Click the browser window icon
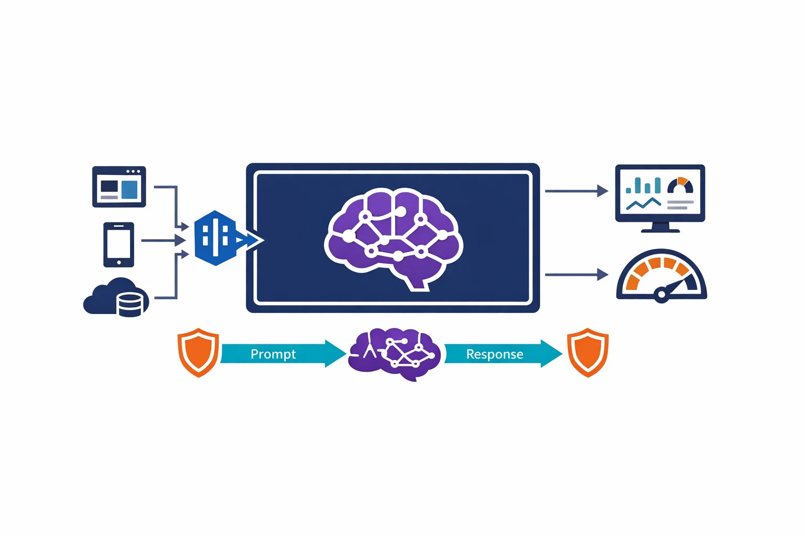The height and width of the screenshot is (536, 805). [x=119, y=186]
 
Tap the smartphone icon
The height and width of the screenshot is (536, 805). [x=119, y=244]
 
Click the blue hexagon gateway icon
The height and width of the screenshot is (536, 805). [x=215, y=238]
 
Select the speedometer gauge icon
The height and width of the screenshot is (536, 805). [x=661, y=275]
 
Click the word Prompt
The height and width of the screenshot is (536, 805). [x=273, y=354]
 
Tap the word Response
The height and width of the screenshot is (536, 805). [x=495, y=354]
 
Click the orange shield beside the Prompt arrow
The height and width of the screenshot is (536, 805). [x=198, y=352]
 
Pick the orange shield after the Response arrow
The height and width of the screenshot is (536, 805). [x=588, y=352]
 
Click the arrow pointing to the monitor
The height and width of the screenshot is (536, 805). [x=576, y=191]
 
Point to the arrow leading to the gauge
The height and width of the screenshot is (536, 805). [x=576, y=274]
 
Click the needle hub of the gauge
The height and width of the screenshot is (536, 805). [x=661, y=295]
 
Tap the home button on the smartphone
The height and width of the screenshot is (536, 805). [x=119, y=262]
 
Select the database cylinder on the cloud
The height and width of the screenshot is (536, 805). [x=129, y=305]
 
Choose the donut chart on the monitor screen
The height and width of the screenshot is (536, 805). [x=680, y=185]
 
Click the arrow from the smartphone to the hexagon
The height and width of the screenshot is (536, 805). [x=162, y=241]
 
